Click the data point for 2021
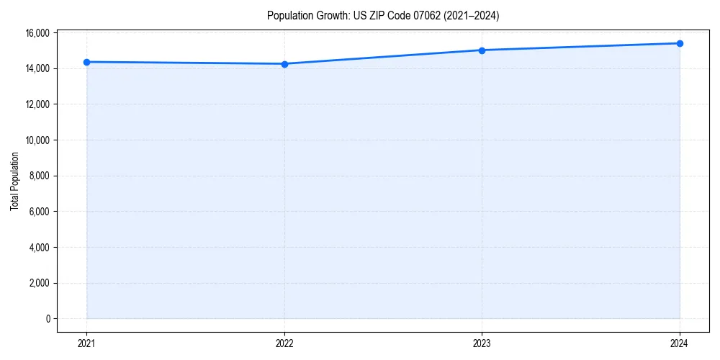(87, 62)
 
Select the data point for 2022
(284, 64)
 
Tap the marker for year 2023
(482, 50)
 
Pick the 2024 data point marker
(680, 43)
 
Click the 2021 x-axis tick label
(87, 343)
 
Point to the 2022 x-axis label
(284, 343)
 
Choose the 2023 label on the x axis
(482, 343)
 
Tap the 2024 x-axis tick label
(680, 343)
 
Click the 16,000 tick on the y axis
(37, 33)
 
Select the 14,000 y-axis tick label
(37, 68)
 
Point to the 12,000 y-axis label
(37, 104)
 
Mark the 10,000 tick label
(37, 140)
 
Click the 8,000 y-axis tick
(39, 176)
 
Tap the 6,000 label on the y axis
(39, 212)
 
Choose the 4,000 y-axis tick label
(39, 247)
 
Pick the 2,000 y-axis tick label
(39, 283)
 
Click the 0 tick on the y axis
(48, 318)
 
